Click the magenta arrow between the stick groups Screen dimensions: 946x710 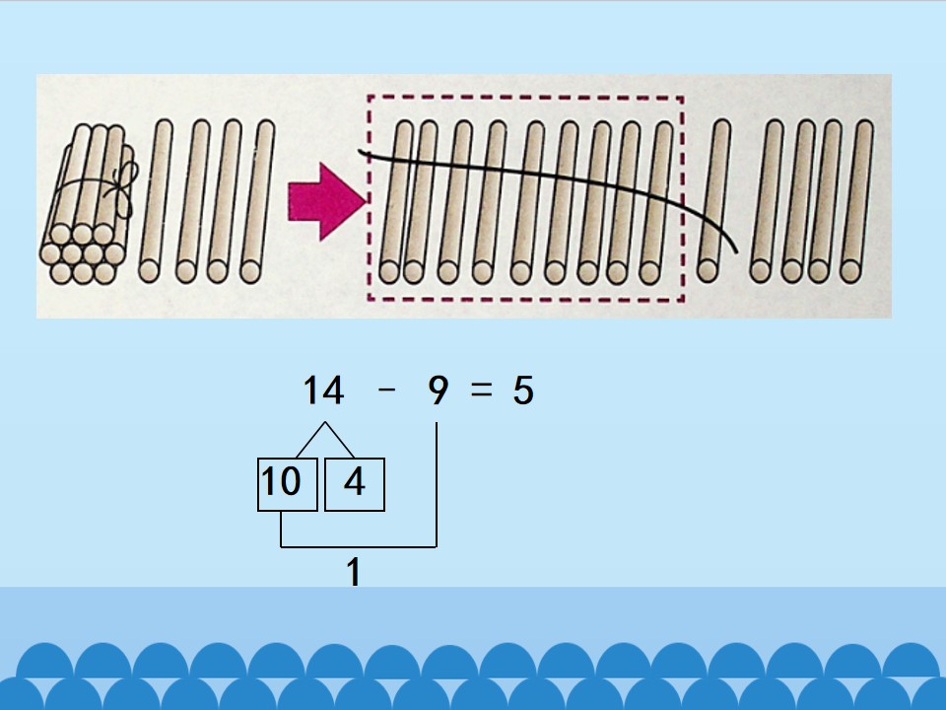click(x=326, y=201)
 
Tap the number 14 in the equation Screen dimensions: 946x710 click(x=323, y=390)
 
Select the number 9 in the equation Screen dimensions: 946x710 click(x=438, y=390)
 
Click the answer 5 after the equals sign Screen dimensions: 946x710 click(x=523, y=390)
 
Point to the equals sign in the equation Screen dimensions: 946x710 click(x=481, y=390)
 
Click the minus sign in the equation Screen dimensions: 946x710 click(x=386, y=390)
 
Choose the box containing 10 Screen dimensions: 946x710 click(x=287, y=484)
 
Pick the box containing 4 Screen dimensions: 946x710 click(x=355, y=484)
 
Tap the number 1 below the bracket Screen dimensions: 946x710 click(x=354, y=571)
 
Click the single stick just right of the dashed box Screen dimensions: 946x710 click(x=714, y=201)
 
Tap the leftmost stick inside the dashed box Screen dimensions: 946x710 click(x=396, y=202)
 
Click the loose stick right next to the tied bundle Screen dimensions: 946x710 click(x=156, y=201)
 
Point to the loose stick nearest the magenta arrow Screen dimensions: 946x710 click(x=257, y=201)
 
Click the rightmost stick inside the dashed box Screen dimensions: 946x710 click(x=657, y=202)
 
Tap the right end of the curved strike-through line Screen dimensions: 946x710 click(x=737, y=251)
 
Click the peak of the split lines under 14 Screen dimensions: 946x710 click(x=325, y=422)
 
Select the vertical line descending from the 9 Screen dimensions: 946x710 click(x=437, y=485)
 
